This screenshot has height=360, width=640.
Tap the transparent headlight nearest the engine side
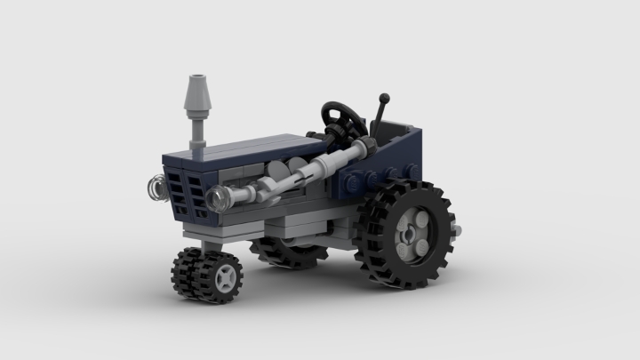pyautogui.click(x=216, y=196)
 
